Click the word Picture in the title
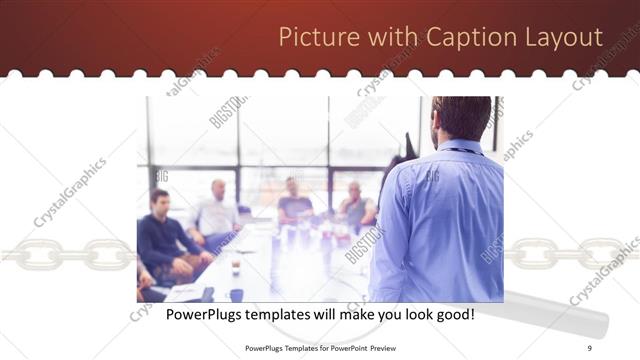[311, 38]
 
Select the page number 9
[590, 348]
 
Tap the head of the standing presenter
[461, 118]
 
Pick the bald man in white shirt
[217, 210]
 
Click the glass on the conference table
[235, 265]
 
